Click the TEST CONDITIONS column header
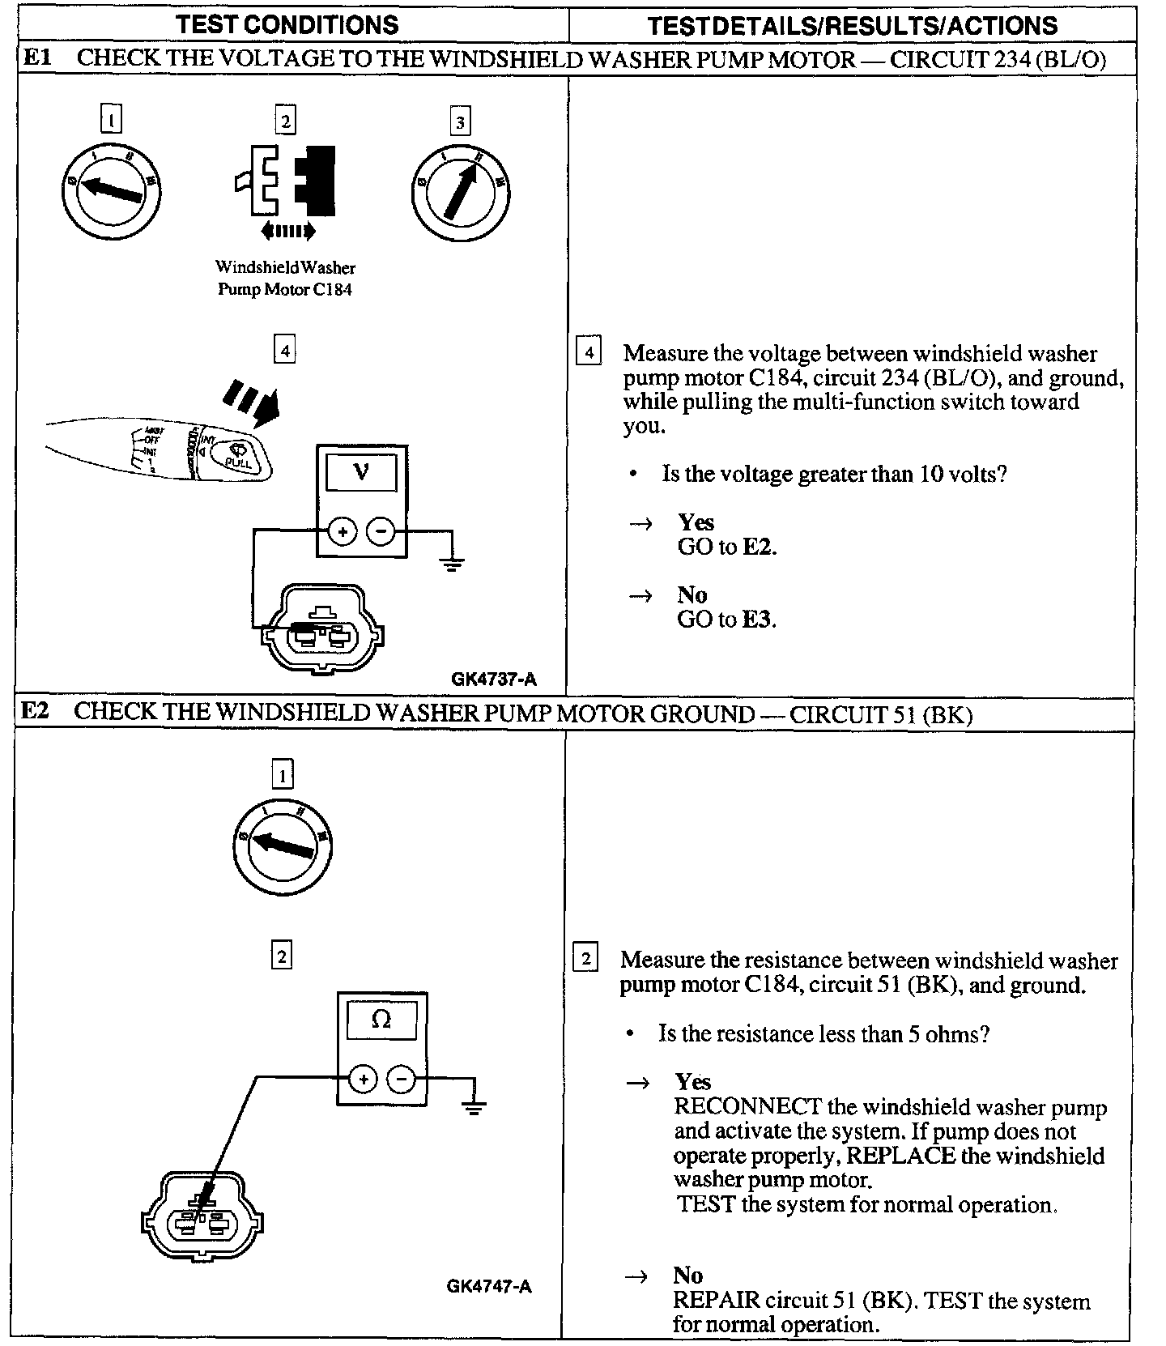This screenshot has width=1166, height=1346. (287, 24)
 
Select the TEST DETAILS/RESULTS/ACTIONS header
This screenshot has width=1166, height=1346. (852, 25)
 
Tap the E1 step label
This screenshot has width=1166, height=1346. (37, 58)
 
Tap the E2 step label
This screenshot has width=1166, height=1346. (35, 711)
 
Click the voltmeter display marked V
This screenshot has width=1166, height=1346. (361, 473)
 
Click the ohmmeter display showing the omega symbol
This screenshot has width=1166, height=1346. (381, 1020)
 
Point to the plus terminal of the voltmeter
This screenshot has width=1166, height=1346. (343, 532)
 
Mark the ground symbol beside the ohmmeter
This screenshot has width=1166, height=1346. (474, 1105)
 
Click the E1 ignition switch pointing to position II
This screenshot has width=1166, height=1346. (461, 192)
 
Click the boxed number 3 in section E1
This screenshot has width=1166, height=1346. (460, 122)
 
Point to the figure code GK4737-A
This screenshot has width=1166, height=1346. (494, 679)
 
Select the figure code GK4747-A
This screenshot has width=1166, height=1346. (489, 1286)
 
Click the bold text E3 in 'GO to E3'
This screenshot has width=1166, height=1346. (758, 620)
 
